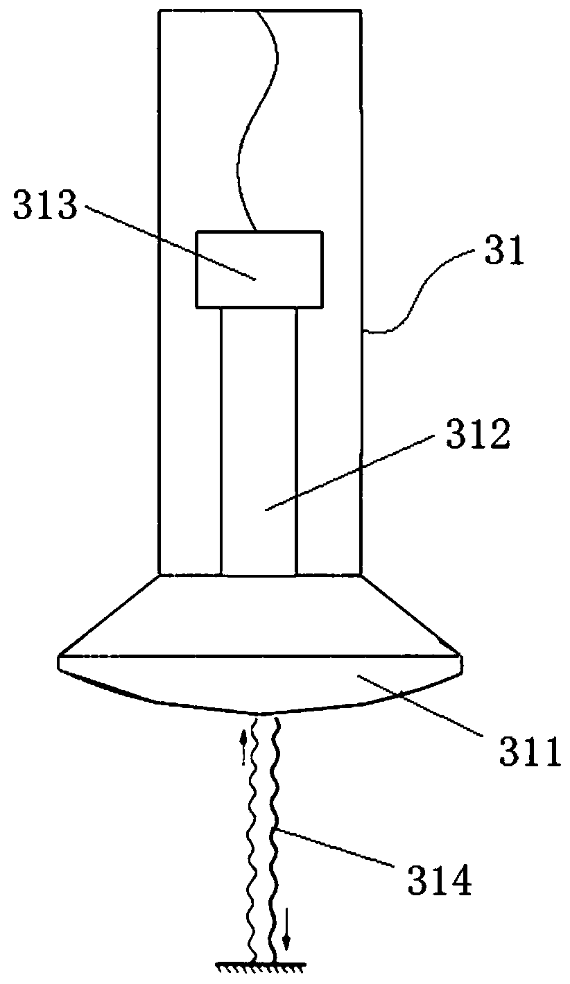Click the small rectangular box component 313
[x=259, y=268]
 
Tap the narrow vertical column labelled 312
[x=259, y=444]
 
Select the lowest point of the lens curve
[x=259, y=712]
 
